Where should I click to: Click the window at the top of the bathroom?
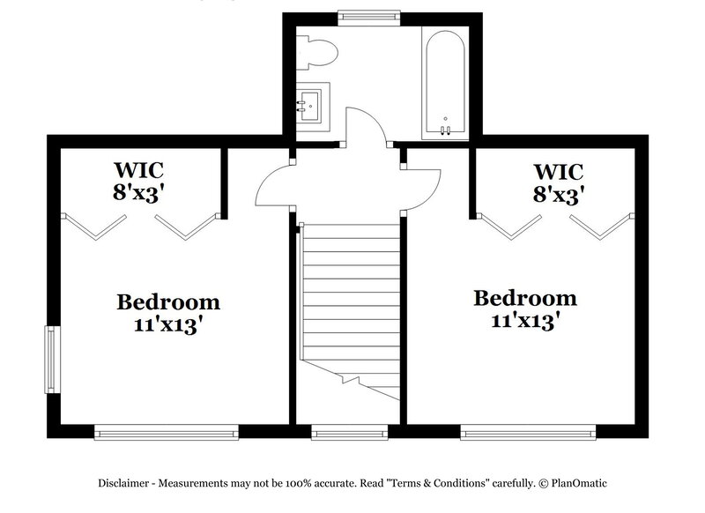pos(369,15)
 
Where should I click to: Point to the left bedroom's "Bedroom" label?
pos(168,302)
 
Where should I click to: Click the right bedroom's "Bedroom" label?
pos(525,298)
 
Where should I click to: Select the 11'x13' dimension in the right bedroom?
pos(525,321)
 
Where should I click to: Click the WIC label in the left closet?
pos(139,168)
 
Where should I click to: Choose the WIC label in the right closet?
pos(560,169)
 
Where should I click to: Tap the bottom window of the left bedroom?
pos(167,431)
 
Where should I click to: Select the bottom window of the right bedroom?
pos(525,431)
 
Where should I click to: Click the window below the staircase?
pos(349,431)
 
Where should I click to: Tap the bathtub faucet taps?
pos(446,130)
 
